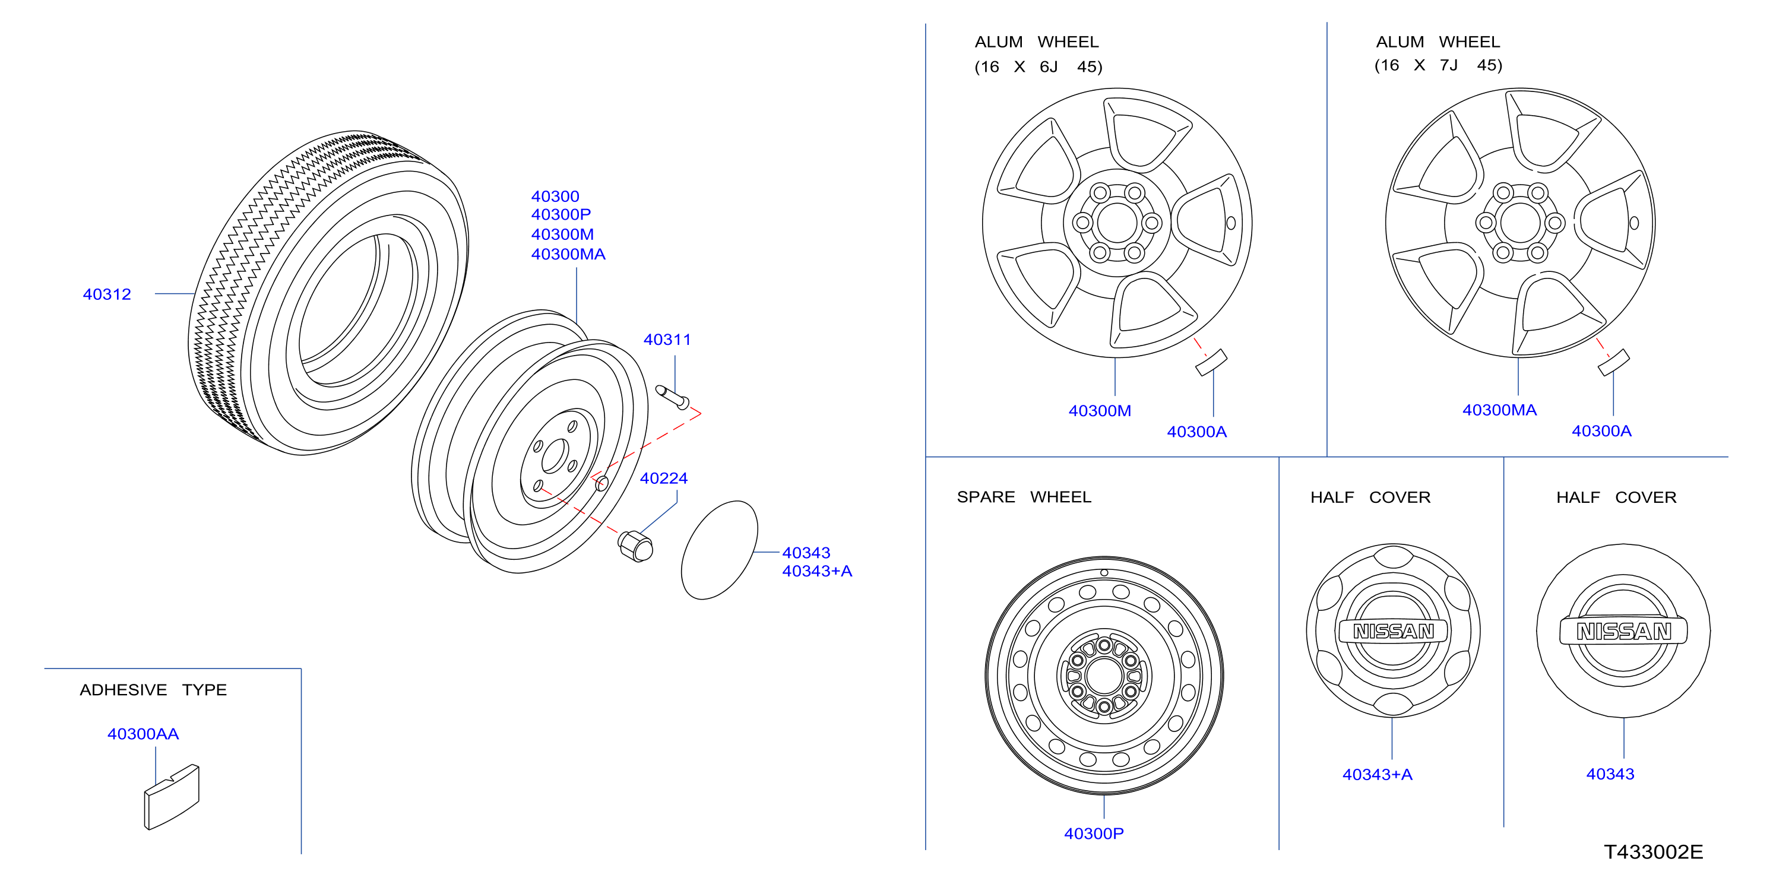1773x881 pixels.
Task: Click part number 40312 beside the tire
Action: coord(107,294)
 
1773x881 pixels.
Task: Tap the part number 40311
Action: coord(667,340)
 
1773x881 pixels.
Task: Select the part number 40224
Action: coord(663,478)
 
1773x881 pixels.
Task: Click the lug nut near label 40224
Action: coord(635,547)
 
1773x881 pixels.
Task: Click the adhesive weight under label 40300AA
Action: coord(172,797)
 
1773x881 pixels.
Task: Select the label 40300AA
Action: coord(143,734)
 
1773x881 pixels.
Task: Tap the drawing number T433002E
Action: coord(1653,852)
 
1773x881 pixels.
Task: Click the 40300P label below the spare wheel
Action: coord(1094,834)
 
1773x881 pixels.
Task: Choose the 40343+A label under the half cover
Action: coord(1377,774)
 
